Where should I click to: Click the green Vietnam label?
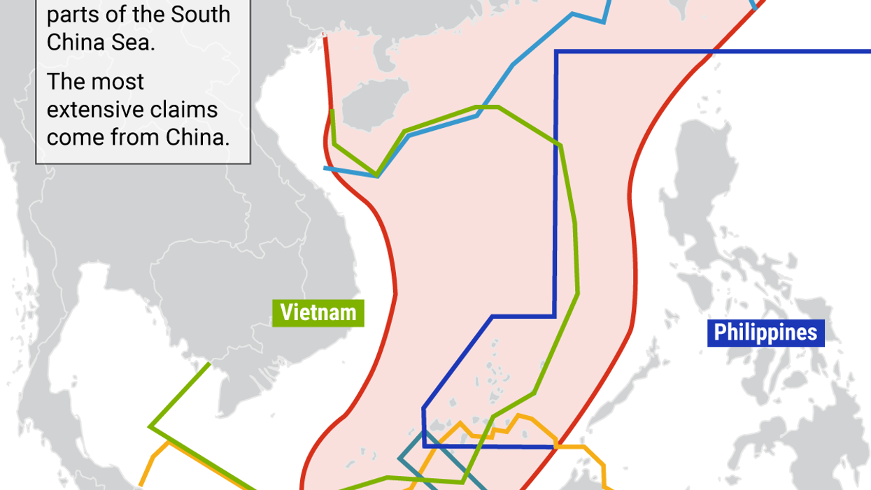[x=318, y=312]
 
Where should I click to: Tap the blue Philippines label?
[x=765, y=333]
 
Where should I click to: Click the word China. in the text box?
[x=198, y=137]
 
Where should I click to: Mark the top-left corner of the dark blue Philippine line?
[x=556, y=52]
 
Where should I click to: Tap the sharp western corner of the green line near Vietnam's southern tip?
[x=150, y=426]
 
